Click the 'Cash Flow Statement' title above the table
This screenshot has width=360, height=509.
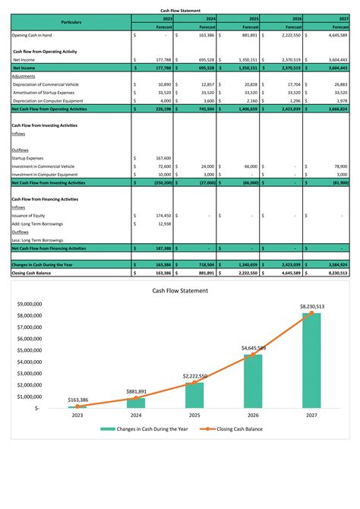179,10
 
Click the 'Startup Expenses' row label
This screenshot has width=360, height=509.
28,158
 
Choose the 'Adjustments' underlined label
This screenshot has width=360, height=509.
24,77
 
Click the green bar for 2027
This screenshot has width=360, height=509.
311,361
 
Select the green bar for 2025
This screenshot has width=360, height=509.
194,395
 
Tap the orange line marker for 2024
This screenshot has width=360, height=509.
136,398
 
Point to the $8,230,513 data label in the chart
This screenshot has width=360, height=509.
311,306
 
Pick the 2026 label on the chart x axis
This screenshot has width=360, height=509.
253,416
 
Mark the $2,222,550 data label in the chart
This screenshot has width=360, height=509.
195,376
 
